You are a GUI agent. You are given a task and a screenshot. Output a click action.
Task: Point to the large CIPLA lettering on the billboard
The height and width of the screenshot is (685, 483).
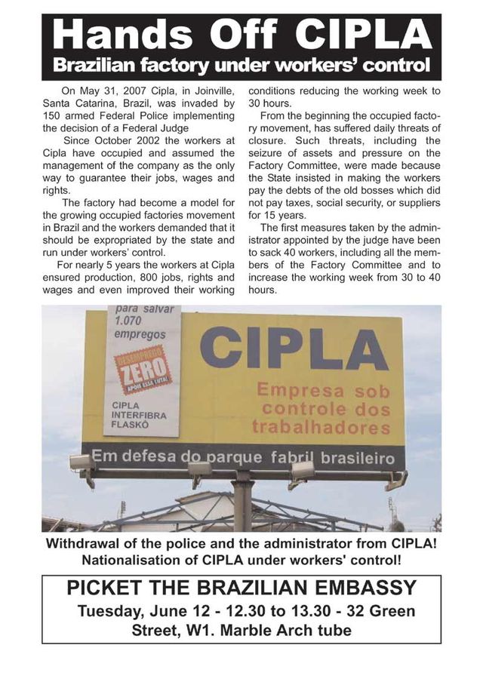[x=294, y=349]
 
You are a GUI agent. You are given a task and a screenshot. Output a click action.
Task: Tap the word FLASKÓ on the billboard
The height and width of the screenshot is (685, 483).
[x=131, y=425]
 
